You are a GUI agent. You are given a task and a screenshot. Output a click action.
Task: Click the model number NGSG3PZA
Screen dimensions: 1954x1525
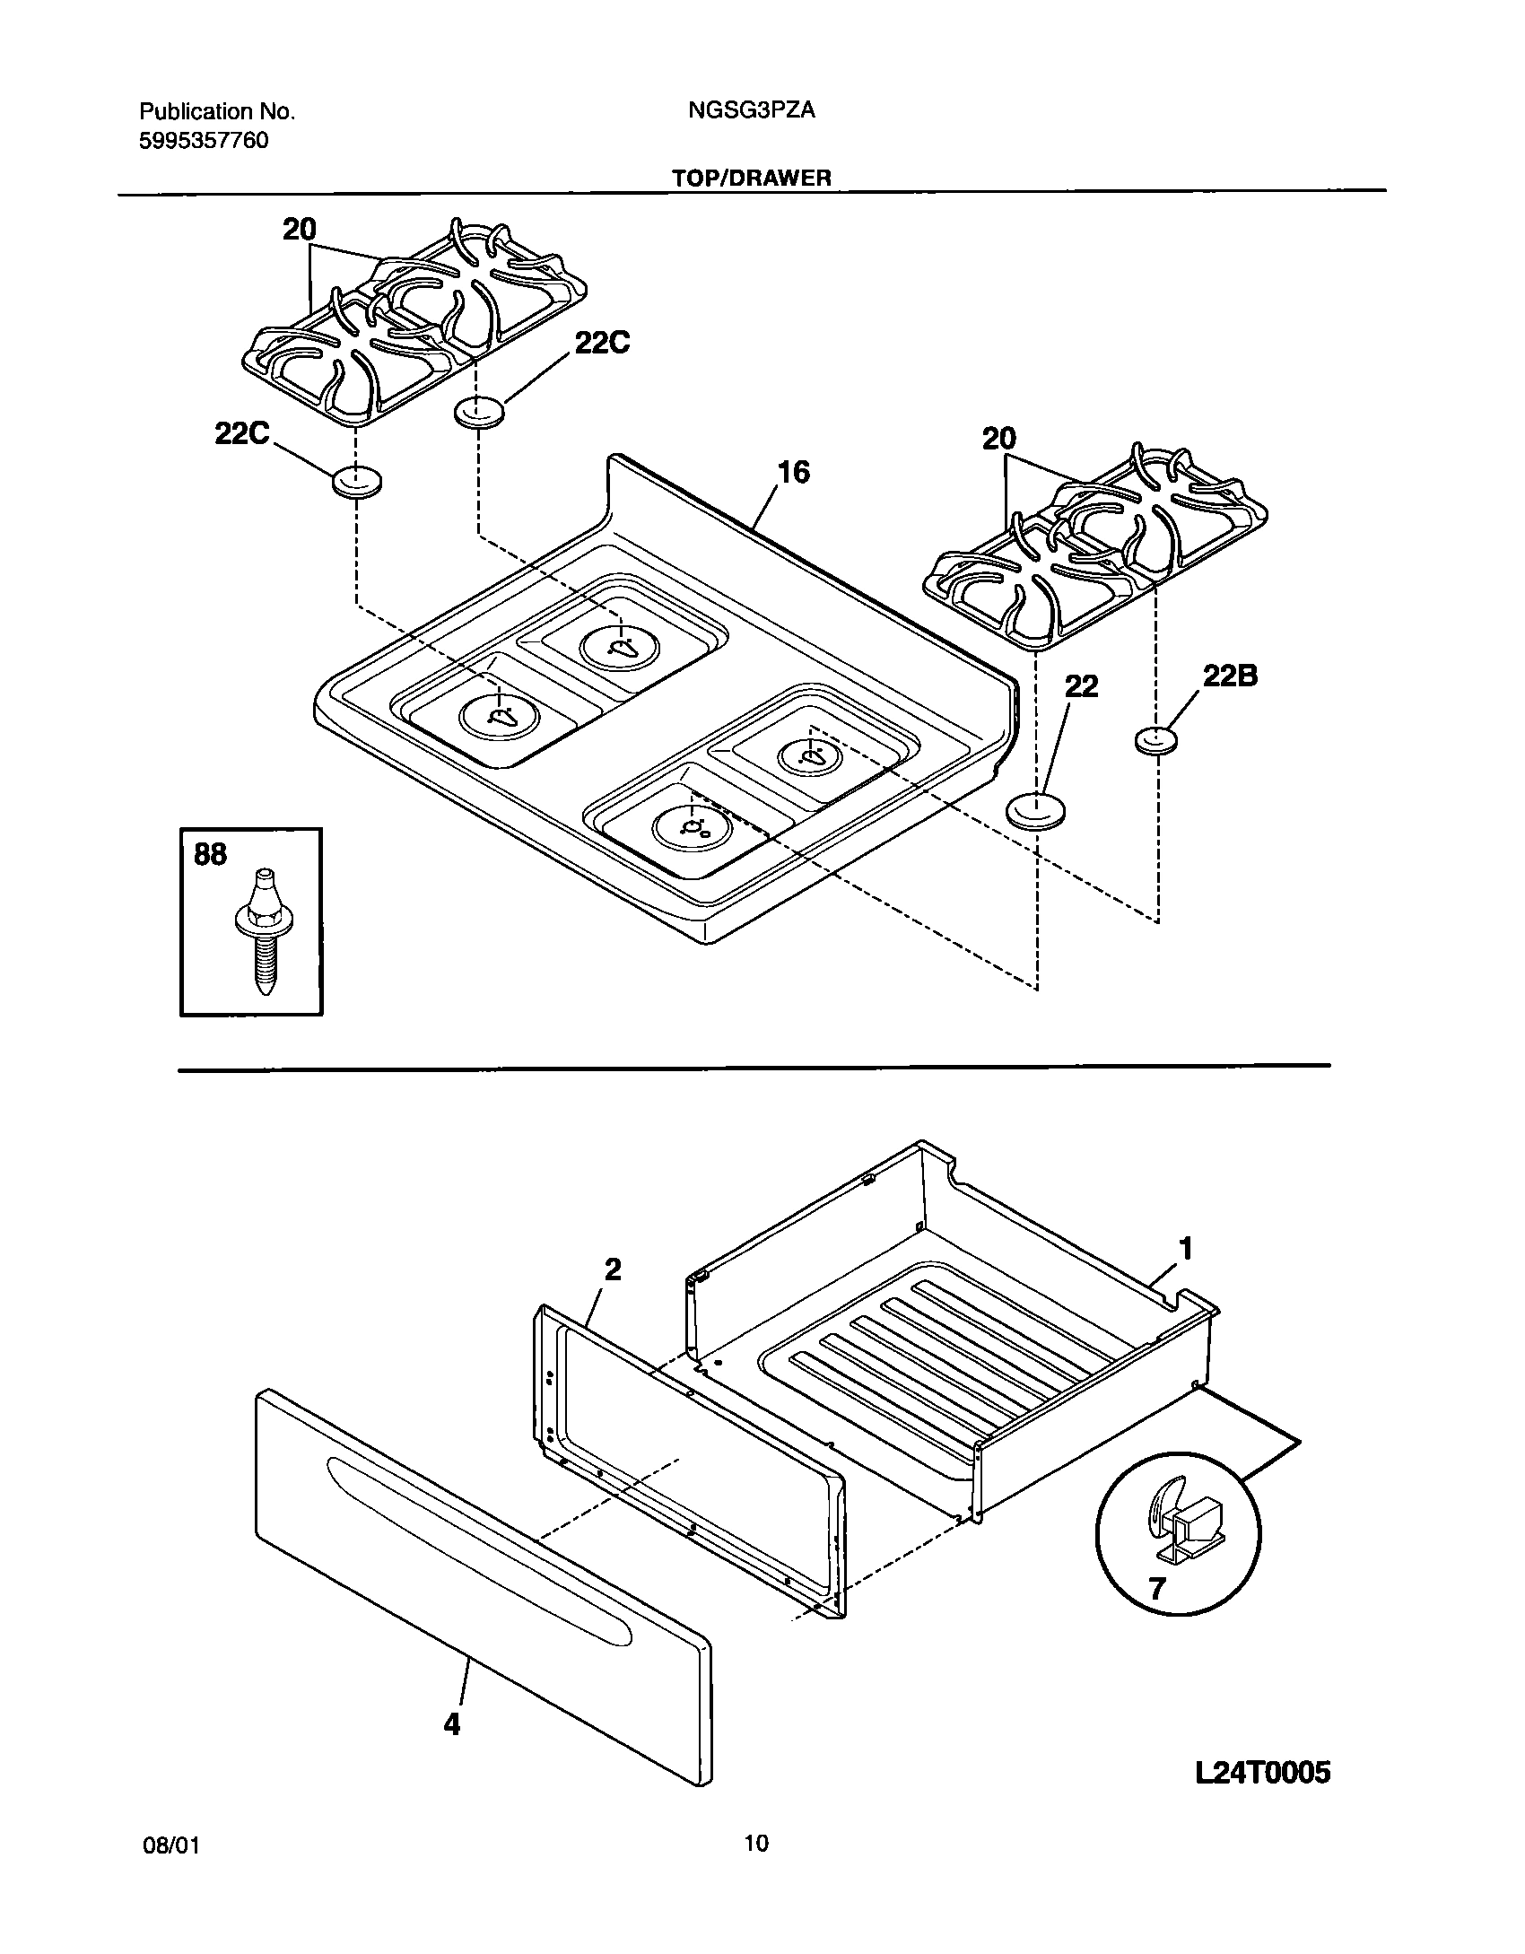(752, 110)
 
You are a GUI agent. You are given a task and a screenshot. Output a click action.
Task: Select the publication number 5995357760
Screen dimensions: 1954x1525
(204, 141)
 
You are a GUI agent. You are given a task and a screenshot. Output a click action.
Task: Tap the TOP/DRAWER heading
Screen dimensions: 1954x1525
(752, 178)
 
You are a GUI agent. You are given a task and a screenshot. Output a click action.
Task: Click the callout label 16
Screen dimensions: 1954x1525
(793, 472)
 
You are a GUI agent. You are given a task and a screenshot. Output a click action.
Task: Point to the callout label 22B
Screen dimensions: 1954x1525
(1230, 676)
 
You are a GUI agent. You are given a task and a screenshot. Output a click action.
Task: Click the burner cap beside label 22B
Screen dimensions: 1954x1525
(1155, 741)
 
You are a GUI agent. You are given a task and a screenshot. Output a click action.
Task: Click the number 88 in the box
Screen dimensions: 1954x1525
(211, 855)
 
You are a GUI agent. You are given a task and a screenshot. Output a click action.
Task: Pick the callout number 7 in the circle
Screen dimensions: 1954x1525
(1156, 1589)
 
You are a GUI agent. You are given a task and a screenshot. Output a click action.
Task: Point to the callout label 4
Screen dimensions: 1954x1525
(452, 1723)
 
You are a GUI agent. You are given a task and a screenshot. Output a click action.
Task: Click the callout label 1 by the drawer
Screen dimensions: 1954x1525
(1185, 1248)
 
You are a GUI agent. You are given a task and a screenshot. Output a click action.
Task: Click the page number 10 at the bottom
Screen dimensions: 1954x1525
(756, 1843)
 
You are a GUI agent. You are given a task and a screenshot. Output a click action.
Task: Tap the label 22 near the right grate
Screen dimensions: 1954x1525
(1081, 686)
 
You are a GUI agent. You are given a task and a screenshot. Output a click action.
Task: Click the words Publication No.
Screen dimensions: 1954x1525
(216, 111)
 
